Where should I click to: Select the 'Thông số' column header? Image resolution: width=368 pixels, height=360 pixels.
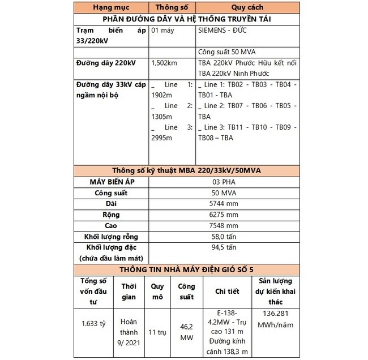pos(172,8)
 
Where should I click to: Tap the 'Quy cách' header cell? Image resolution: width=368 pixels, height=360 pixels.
pos(247,8)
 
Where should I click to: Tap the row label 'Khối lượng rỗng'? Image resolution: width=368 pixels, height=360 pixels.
pos(111,236)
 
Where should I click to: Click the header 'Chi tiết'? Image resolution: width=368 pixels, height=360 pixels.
pos(226,292)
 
